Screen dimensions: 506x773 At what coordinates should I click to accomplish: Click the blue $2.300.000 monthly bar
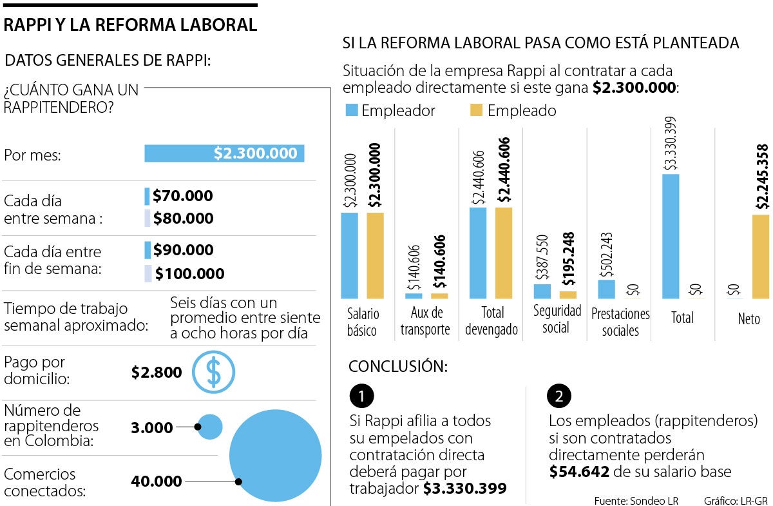pyautogui.click(x=224, y=153)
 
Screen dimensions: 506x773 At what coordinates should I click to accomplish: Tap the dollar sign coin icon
pyautogui.click(x=214, y=372)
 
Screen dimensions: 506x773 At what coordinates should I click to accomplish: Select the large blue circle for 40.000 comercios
pyautogui.click(x=275, y=455)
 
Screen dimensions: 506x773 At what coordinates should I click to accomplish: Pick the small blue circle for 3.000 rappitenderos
pyautogui.click(x=210, y=427)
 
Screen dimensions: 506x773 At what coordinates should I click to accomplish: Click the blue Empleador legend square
pyautogui.click(x=351, y=110)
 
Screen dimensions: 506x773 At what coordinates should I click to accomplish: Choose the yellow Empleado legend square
pyautogui.click(x=477, y=110)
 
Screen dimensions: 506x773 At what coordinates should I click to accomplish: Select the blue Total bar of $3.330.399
pyautogui.click(x=670, y=236)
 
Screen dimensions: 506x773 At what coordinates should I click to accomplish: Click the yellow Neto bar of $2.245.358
pyautogui.click(x=760, y=256)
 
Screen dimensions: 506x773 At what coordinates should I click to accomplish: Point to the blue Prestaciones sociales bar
pyautogui.click(x=606, y=289)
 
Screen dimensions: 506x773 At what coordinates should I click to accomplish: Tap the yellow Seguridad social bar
pyautogui.click(x=568, y=295)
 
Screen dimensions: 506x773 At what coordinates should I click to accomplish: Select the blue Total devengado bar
pyautogui.click(x=478, y=253)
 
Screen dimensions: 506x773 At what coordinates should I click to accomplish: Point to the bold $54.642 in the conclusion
pyautogui.click(x=579, y=472)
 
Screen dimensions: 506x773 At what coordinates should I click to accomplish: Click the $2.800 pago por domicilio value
pyautogui.click(x=157, y=372)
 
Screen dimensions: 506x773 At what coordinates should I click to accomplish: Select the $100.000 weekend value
pyautogui.click(x=189, y=274)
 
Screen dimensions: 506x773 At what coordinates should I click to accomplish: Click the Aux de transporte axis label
pyautogui.click(x=425, y=321)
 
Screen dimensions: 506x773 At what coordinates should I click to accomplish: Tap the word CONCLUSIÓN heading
pyautogui.click(x=398, y=366)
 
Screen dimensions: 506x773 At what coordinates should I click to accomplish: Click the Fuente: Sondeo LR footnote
pyautogui.click(x=636, y=500)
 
